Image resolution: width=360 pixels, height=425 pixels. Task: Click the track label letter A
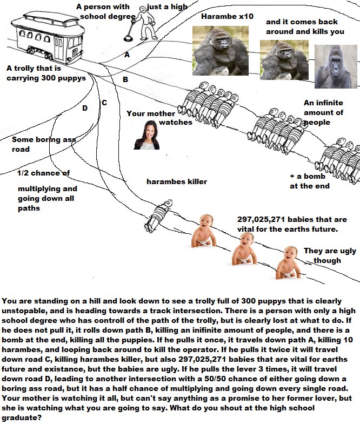tap(127, 55)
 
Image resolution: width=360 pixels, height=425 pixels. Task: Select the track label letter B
tap(125, 79)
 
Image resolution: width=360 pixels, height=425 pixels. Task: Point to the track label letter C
tap(104, 102)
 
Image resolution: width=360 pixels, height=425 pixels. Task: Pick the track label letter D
tap(84, 108)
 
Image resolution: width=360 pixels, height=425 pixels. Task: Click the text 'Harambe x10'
tap(227, 17)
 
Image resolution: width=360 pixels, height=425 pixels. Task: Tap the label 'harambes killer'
tap(177, 181)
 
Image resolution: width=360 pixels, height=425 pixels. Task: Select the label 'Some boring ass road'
tap(44, 144)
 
